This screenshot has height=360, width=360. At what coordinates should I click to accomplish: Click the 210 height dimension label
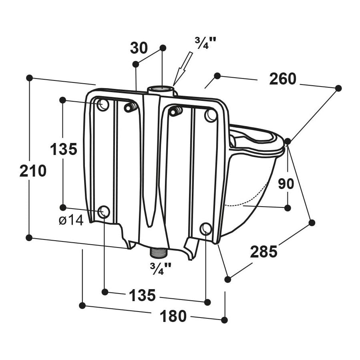(x=33, y=171)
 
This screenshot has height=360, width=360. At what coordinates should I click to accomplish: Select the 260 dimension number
(x=282, y=79)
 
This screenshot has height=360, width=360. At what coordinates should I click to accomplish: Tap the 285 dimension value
(x=263, y=252)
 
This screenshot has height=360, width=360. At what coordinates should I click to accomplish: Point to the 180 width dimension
(x=173, y=316)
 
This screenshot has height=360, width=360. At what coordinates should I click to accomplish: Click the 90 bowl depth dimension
(x=286, y=184)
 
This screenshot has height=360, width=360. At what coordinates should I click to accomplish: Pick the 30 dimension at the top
(x=139, y=48)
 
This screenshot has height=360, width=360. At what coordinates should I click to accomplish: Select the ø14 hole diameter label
(x=71, y=220)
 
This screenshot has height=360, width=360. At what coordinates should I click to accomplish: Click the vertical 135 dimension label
(x=63, y=149)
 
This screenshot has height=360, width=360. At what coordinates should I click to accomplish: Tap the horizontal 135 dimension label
(x=142, y=296)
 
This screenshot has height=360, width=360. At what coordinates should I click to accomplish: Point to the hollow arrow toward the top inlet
(x=183, y=68)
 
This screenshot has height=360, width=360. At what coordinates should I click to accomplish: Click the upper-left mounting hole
(x=103, y=105)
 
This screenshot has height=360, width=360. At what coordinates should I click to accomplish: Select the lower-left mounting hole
(x=104, y=211)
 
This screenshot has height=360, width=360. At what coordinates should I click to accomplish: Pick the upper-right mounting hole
(x=211, y=116)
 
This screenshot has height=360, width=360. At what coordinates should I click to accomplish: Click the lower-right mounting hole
(x=206, y=229)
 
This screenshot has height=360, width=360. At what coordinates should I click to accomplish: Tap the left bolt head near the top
(x=129, y=107)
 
